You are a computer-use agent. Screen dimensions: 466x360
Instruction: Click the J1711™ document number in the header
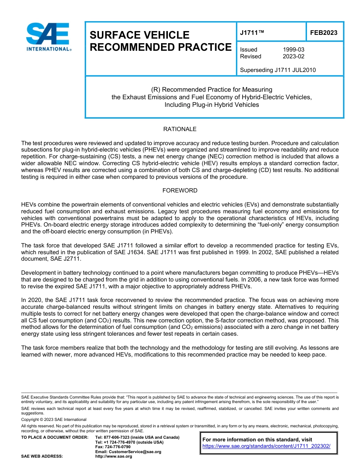point(252,33)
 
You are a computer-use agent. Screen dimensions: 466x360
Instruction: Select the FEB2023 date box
point(324,33)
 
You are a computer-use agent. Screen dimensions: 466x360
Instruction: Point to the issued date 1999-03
point(293,50)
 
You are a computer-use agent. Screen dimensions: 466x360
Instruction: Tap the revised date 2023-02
point(293,56)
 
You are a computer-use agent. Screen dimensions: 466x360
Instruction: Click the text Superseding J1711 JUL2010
point(278,70)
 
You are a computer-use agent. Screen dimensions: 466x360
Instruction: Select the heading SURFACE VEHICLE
point(139,35)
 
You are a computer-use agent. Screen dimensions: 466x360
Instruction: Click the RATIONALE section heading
point(180,129)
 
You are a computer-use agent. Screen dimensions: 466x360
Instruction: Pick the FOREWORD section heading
point(180,191)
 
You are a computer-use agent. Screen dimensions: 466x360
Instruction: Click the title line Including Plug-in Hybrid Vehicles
point(211,105)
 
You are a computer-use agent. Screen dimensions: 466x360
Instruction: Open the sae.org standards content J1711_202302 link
point(266,446)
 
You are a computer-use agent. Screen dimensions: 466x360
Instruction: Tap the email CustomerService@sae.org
point(128,452)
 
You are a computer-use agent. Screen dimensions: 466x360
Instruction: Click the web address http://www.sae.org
point(114,457)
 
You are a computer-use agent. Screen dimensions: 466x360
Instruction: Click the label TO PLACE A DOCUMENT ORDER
point(55,437)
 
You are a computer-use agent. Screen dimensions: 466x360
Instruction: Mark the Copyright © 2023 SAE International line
point(54,419)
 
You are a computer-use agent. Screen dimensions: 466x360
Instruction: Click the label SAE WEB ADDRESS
point(42,457)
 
